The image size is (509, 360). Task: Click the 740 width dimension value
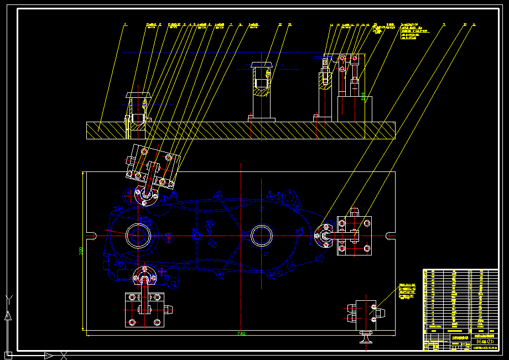[241, 334]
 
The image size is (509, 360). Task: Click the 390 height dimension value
[81, 251]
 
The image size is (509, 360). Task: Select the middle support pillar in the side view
[261, 91]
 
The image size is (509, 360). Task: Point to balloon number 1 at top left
[125, 24]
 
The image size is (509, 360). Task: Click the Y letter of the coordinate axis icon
[8, 299]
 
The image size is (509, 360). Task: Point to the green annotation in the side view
[363, 97]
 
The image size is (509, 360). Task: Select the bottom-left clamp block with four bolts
[144, 310]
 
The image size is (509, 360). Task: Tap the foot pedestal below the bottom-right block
[366, 336]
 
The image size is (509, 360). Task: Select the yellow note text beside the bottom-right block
[407, 291]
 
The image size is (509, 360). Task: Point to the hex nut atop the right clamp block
[354, 211]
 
